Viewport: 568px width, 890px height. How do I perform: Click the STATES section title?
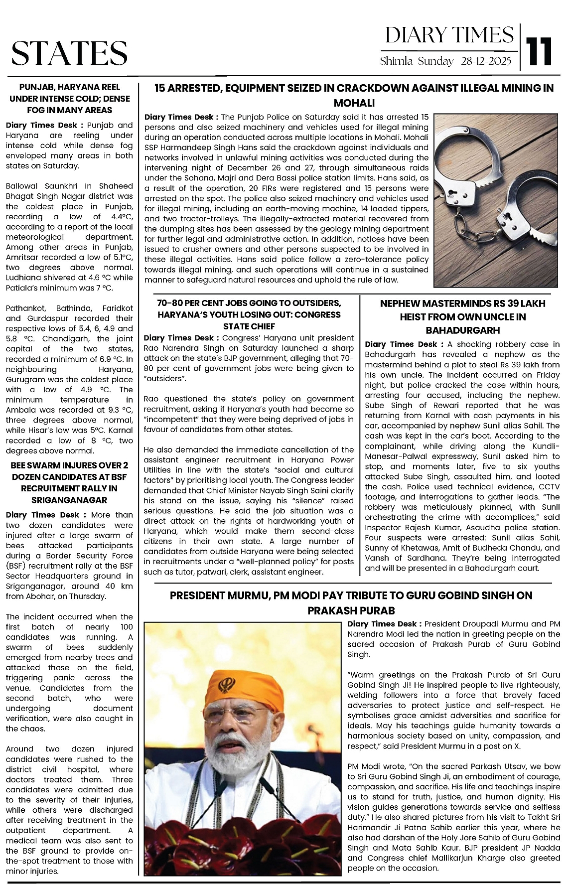point(69,53)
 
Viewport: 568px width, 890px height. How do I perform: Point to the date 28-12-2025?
point(486,61)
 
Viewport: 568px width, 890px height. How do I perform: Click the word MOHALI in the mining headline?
point(354,103)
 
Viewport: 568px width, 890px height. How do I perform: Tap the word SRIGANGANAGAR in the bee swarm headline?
point(70,500)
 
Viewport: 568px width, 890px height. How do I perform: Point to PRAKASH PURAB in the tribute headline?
point(351,610)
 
